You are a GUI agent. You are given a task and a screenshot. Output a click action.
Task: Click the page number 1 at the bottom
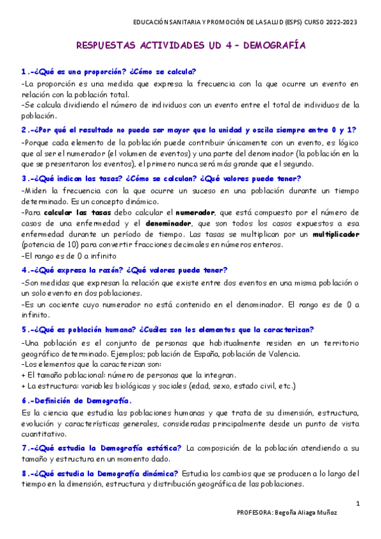tap(358, 504)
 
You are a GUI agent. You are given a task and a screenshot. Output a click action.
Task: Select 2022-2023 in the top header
tap(342, 22)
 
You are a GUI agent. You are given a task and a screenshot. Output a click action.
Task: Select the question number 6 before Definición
tap(24, 401)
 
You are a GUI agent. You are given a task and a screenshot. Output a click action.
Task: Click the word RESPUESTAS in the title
tap(112, 46)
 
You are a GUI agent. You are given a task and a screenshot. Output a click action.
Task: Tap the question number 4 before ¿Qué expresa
tap(24, 269)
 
